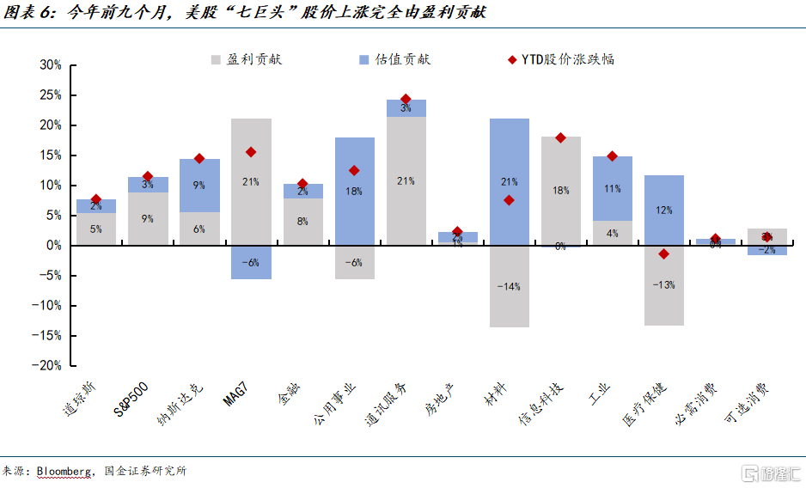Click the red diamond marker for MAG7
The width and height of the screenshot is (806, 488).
tap(251, 152)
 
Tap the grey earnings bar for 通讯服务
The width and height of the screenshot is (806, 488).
tap(406, 180)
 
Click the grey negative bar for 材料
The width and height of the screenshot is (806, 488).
tap(510, 286)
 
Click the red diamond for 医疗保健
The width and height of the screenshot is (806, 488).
tap(663, 253)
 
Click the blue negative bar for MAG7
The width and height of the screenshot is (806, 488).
tap(251, 262)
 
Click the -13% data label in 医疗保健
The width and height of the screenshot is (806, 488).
tap(663, 285)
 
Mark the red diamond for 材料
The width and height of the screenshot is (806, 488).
tap(510, 200)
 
